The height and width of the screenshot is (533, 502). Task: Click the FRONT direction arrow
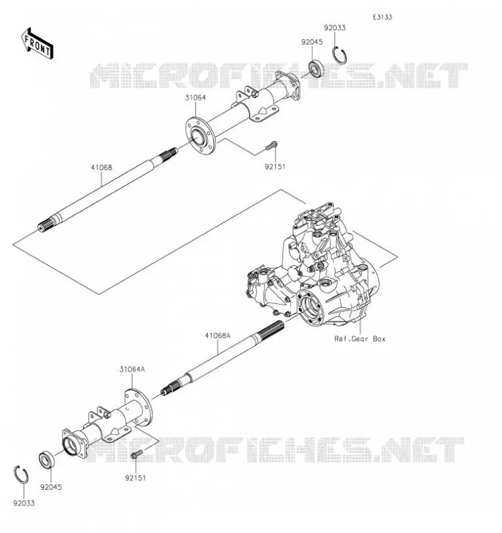(37, 43)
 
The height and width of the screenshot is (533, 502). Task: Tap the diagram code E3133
(382, 17)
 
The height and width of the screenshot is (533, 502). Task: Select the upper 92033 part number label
(334, 28)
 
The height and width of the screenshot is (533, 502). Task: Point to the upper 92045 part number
(312, 42)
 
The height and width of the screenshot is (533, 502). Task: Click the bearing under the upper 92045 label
(316, 68)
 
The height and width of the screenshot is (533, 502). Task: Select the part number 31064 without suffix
(195, 98)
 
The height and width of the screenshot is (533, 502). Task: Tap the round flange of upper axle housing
(200, 135)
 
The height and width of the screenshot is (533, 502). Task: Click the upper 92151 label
(275, 167)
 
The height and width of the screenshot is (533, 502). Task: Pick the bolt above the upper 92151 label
(271, 146)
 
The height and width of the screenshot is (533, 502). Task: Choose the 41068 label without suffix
(101, 168)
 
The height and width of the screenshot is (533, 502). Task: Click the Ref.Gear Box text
(360, 339)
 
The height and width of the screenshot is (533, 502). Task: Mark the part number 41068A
(217, 336)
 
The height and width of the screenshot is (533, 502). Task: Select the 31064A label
(132, 369)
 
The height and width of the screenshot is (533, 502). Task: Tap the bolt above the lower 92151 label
(137, 454)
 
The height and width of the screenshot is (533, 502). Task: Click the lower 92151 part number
(136, 478)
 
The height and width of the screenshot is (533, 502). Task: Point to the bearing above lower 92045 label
(47, 460)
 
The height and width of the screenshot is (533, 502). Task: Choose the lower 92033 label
(24, 503)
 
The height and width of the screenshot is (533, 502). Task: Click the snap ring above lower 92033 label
(21, 474)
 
